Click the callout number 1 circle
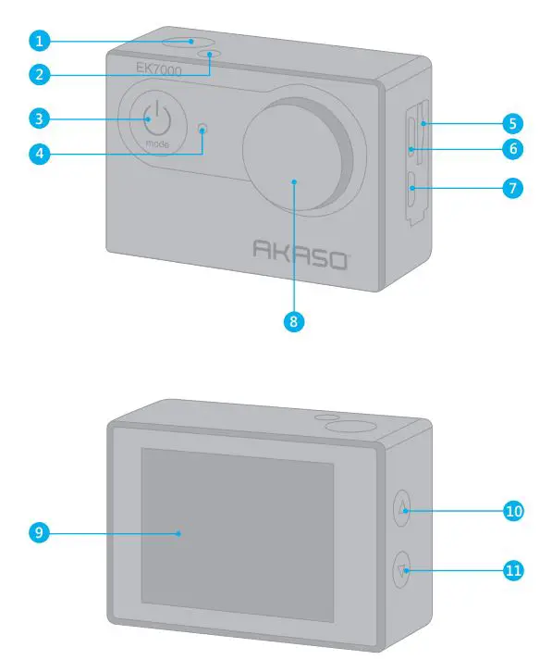coord(40,41)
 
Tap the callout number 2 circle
coord(40,75)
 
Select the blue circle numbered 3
coord(40,118)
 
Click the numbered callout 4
coord(40,154)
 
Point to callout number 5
coord(512,124)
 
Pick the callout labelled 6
coord(512,149)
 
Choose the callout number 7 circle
coord(512,188)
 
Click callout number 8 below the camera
coord(294,321)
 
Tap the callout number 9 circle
coord(40,532)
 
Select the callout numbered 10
coord(513,510)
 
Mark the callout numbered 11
coord(513,570)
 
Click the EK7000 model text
coord(159,69)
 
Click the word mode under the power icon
coord(157,143)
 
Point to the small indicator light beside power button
coord(202,128)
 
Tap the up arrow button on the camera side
coord(401,508)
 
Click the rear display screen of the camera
coord(238,535)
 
